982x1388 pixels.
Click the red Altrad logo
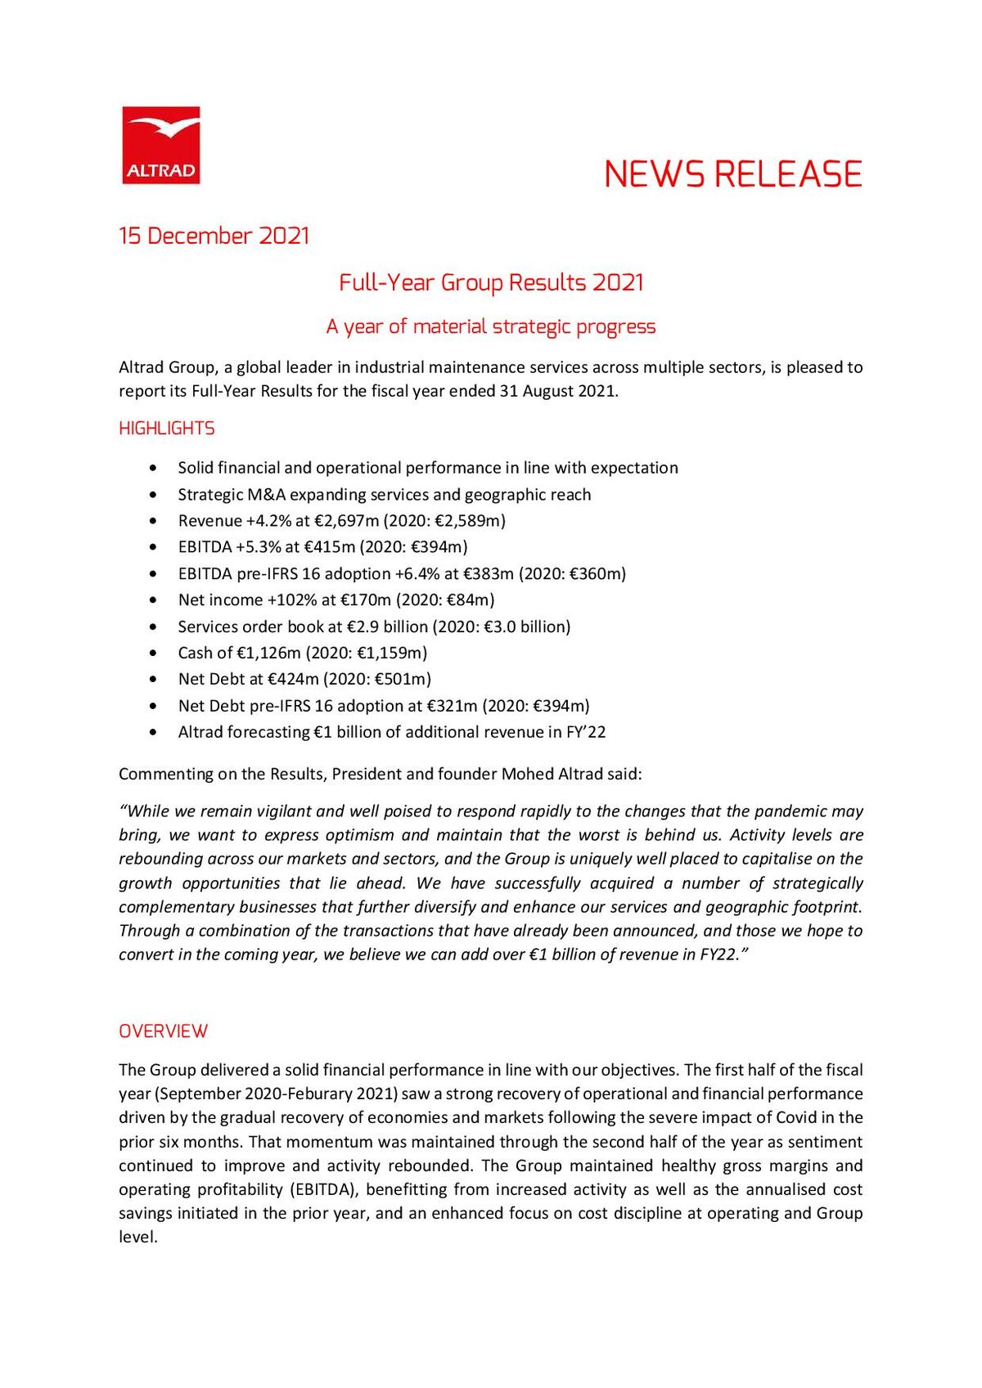(161, 145)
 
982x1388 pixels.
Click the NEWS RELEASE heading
(732, 174)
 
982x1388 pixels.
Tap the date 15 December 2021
(214, 236)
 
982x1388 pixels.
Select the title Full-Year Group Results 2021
(491, 283)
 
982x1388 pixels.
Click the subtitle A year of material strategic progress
(491, 326)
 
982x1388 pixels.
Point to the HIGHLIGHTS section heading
(167, 429)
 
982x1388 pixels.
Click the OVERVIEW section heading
(164, 1031)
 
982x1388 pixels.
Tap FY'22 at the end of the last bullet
(586, 732)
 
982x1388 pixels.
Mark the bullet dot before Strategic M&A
(154, 495)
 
